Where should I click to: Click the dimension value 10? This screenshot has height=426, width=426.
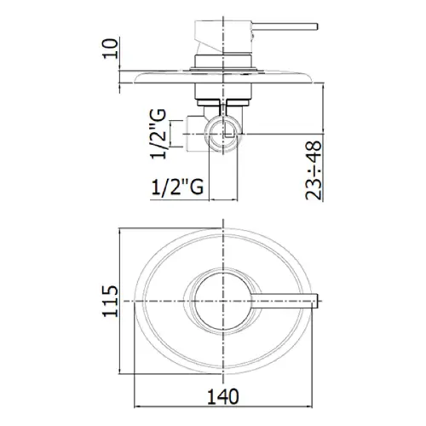[110, 49]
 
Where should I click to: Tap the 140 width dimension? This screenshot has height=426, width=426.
[223, 396]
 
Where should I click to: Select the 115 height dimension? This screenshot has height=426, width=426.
[110, 301]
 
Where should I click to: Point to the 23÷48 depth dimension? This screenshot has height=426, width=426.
[314, 170]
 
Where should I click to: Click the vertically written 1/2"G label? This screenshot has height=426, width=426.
[158, 134]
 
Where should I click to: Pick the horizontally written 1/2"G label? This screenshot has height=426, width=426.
[177, 187]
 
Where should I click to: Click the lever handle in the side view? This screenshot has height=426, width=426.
[285, 26]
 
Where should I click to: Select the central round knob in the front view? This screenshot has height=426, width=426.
[223, 302]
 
